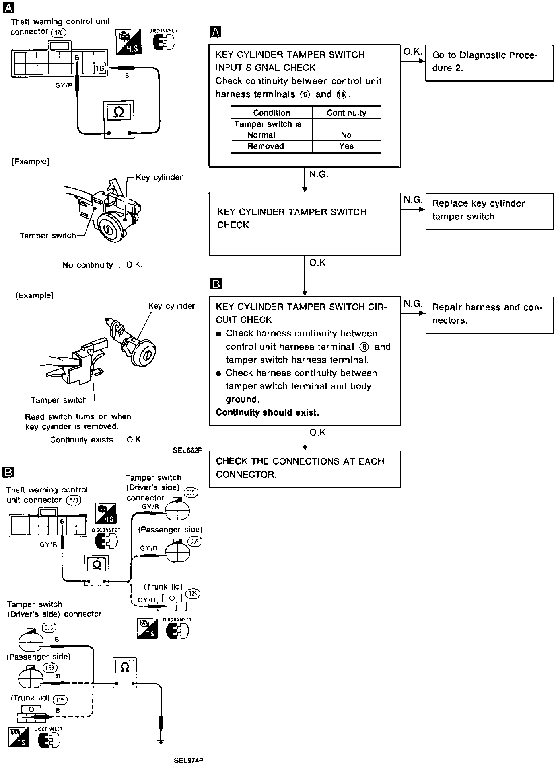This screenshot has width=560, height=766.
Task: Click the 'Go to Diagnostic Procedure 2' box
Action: pos(489,63)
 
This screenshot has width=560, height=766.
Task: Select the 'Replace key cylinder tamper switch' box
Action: pos(489,211)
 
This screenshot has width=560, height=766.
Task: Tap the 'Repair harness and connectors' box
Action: pos(489,315)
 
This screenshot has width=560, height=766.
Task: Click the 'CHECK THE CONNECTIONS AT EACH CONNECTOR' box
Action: pos(305,469)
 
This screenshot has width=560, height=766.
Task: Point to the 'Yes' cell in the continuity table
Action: pos(346,146)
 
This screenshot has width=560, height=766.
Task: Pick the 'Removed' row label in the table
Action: pos(266,146)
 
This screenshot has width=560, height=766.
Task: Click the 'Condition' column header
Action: pos(272,113)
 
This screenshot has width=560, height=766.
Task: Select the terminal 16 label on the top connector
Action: pos(99,69)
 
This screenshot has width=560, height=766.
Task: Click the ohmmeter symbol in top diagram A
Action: pos(119,113)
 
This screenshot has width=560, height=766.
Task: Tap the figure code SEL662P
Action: pos(188,451)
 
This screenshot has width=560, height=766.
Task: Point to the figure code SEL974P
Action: pos(189,760)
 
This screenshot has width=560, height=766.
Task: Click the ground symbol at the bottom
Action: pos(161,741)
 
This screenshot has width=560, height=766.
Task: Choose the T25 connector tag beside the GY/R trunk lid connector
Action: pos(193,594)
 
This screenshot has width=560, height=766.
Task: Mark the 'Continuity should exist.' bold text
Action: pos(267,412)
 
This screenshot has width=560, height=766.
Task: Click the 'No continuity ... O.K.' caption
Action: pos(102,265)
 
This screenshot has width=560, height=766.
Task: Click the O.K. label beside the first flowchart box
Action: pos(412,51)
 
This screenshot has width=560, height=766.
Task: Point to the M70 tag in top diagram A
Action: pos(58,33)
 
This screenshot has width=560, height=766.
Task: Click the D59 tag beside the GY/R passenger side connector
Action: pos(195,541)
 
